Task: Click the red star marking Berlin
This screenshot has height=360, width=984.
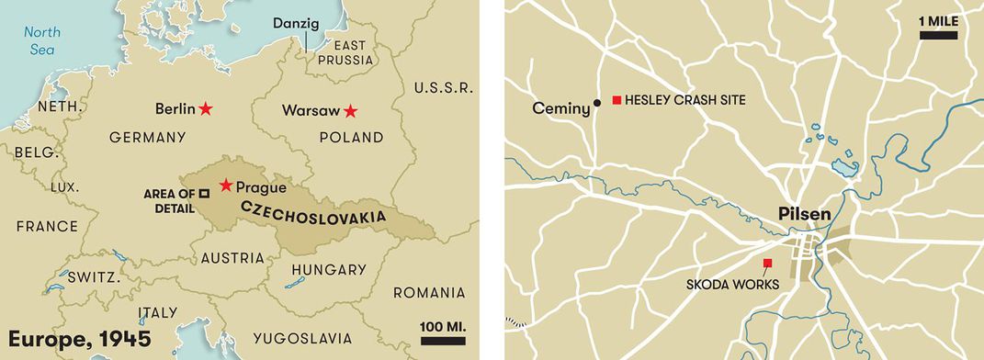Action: pyautogui.click(x=206, y=108)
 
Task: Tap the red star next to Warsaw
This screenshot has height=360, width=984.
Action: pyautogui.click(x=350, y=111)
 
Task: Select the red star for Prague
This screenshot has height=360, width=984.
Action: pyautogui.click(x=226, y=186)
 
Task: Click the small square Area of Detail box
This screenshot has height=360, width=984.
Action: pyautogui.click(x=204, y=193)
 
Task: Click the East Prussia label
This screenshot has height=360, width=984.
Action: pyautogui.click(x=346, y=52)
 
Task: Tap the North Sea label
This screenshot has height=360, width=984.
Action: pyautogui.click(x=41, y=39)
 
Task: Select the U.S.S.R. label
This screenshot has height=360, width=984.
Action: pyautogui.click(x=443, y=88)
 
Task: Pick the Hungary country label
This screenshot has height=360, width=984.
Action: pyautogui.click(x=328, y=270)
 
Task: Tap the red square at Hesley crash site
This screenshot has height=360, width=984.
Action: pyautogui.click(x=617, y=99)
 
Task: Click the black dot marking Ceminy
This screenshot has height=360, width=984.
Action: pyautogui.click(x=597, y=102)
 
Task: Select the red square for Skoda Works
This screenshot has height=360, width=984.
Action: pyautogui.click(x=768, y=264)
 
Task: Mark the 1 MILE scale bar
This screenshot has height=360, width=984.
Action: pyautogui.click(x=938, y=35)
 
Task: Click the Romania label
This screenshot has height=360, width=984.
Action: pyautogui.click(x=428, y=293)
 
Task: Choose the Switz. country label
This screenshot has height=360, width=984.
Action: pyautogui.click(x=91, y=276)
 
